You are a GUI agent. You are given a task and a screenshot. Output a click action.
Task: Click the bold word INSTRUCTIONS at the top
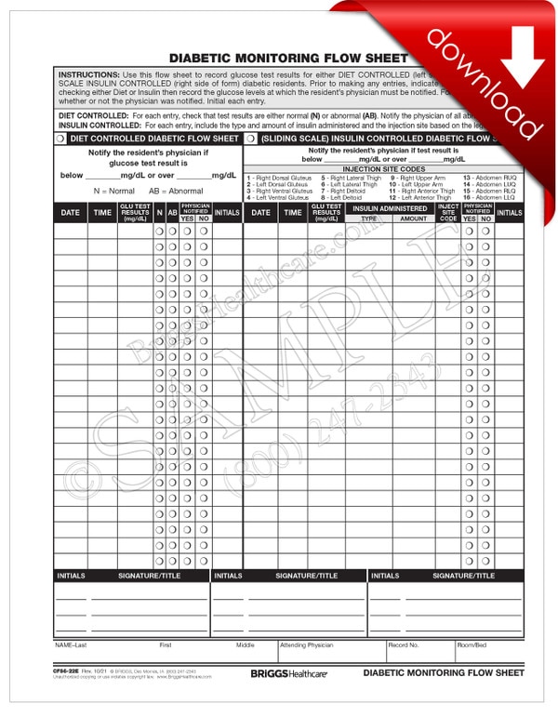[88, 73]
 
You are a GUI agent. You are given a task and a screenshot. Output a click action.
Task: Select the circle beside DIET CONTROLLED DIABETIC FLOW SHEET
[61, 138]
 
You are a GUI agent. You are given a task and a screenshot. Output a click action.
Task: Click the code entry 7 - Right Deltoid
[340, 191]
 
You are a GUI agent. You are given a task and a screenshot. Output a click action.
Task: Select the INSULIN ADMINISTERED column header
[390, 208]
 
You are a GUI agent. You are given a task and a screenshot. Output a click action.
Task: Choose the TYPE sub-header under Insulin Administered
[368, 219]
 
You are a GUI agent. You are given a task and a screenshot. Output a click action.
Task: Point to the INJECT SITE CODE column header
[448, 213]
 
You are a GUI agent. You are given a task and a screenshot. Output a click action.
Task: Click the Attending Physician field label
[306, 644]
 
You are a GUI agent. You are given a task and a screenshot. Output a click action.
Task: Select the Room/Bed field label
[472, 644]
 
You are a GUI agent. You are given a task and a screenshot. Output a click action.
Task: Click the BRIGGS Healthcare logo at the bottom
[288, 672]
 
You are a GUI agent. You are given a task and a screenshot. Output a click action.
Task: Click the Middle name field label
[245, 644]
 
